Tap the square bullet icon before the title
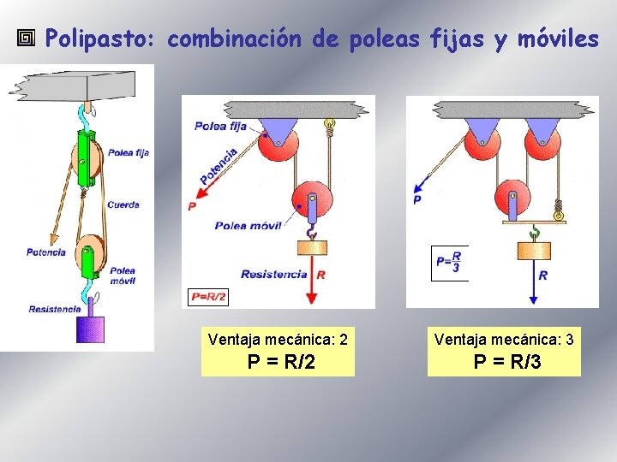tap(27, 38)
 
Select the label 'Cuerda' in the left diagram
tap(123, 205)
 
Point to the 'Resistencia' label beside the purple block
tap(55, 309)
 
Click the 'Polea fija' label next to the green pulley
tap(129, 153)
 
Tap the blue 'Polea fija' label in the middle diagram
tap(221, 127)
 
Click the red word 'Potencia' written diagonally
tap(219, 166)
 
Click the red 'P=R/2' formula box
tap(209, 297)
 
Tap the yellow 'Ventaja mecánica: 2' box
tap(278, 351)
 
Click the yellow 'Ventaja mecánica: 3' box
tap(504, 351)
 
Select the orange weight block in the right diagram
tap(534, 250)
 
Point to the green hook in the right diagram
tap(535, 230)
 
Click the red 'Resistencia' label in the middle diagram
tap(273, 275)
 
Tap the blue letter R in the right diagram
tap(543, 275)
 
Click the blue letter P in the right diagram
tap(417, 199)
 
